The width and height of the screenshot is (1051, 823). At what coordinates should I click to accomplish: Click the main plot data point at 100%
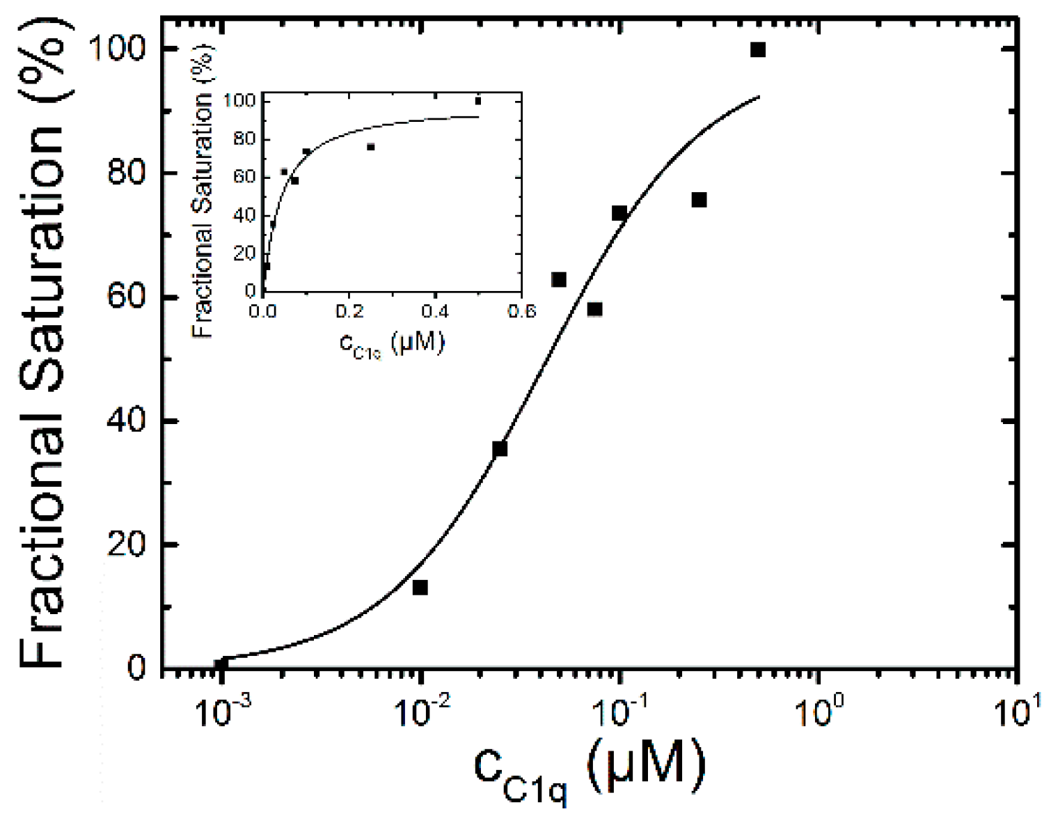click(758, 49)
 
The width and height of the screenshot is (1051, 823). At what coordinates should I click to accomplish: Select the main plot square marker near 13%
click(420, 587)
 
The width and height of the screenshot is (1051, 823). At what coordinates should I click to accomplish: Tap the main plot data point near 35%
click(500, 449)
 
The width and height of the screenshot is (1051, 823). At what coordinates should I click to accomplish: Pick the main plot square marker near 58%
click(594, 309)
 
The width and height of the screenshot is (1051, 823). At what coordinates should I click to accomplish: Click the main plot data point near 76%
click(699, 200)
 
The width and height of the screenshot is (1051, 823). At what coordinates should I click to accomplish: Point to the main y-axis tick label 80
click(127, 173)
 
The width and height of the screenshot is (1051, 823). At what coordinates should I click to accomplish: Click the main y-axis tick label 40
click(127, 421)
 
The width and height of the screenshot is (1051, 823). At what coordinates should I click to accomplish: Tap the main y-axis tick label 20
click(127, 544)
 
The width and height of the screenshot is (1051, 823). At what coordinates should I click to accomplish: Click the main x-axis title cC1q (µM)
click(589, 769)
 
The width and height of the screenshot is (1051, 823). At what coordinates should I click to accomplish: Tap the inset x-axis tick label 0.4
click(435, 311)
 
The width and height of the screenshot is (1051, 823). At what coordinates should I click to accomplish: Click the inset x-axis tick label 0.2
click(349, 311)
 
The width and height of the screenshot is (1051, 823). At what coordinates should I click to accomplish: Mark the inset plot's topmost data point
click(477, 101)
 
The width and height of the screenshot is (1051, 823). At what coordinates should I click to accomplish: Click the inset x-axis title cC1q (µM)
click(391, 344)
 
